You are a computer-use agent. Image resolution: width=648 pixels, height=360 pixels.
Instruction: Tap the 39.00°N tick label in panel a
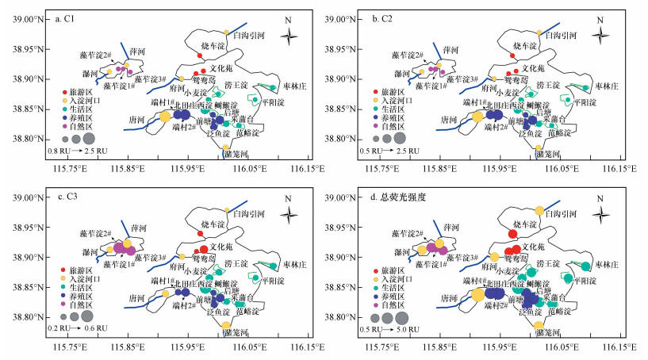[x=25, y=19]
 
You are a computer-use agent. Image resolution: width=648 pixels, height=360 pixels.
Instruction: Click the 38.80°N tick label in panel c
[x=25, y=317]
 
